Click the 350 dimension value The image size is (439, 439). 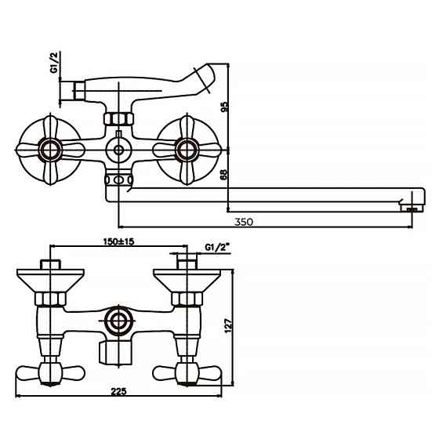tap(243, 223)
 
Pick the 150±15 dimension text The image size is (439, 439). tap(118, 242)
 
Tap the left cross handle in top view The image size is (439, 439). tap(50, 147)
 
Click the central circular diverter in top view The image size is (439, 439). tap(118, 149)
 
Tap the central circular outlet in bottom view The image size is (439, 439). tap(118, 320)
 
